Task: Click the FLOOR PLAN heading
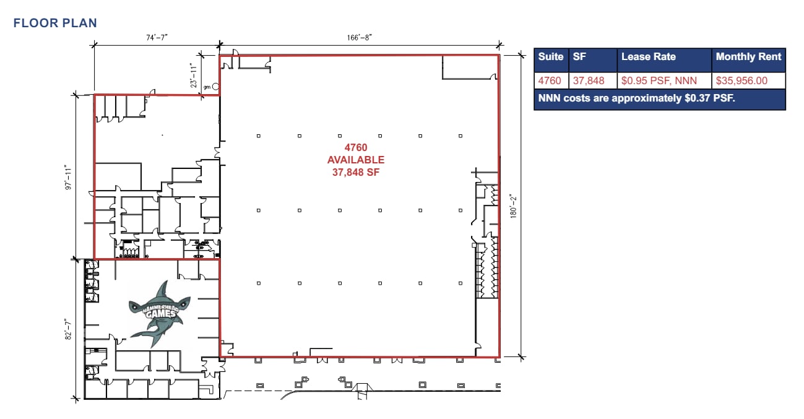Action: (55, 24)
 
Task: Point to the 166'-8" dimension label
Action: (359, 38)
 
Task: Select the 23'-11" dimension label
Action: (194, 75)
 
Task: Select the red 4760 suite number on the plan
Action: (356, 148)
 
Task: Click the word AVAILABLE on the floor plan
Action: (356, 160)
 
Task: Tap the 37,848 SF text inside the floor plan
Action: (356, 173)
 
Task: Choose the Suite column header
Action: (551, 57)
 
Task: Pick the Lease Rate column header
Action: (648, 57)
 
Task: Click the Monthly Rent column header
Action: (748, 57)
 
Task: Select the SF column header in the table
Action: (580, 57)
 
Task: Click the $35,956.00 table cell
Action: (741, 80)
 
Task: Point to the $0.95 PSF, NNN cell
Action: (659, 80)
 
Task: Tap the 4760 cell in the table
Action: (550, 80)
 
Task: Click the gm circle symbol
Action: (215, 87)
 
